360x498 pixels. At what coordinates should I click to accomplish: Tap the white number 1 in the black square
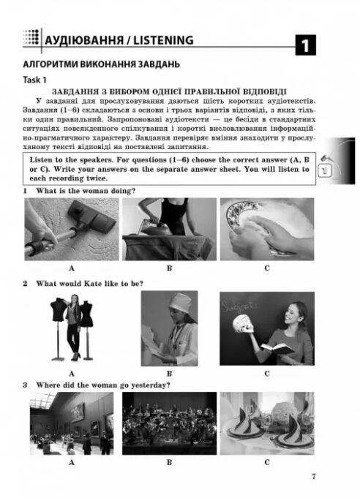pos(305,46)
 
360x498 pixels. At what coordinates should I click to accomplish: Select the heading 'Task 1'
pos(34,80)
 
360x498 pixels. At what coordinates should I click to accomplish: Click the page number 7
pos(314,476)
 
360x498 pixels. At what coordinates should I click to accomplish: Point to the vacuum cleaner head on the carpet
pos(91,215)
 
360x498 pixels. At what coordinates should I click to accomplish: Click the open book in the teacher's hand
pos(277,349)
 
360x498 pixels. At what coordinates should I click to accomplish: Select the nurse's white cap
pos(181,303)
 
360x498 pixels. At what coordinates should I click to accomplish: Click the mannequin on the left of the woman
pos(59,327)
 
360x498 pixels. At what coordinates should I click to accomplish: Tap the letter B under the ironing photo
pos(169,268)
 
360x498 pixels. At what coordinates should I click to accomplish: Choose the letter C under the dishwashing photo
pos(267,268)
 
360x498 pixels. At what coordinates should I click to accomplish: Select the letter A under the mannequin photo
pos(72,374)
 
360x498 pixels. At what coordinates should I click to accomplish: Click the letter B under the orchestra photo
pos(169,462)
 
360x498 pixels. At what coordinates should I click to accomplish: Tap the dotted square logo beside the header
pos(31,37)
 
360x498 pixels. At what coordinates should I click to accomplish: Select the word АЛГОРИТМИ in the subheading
pos(50,64)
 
